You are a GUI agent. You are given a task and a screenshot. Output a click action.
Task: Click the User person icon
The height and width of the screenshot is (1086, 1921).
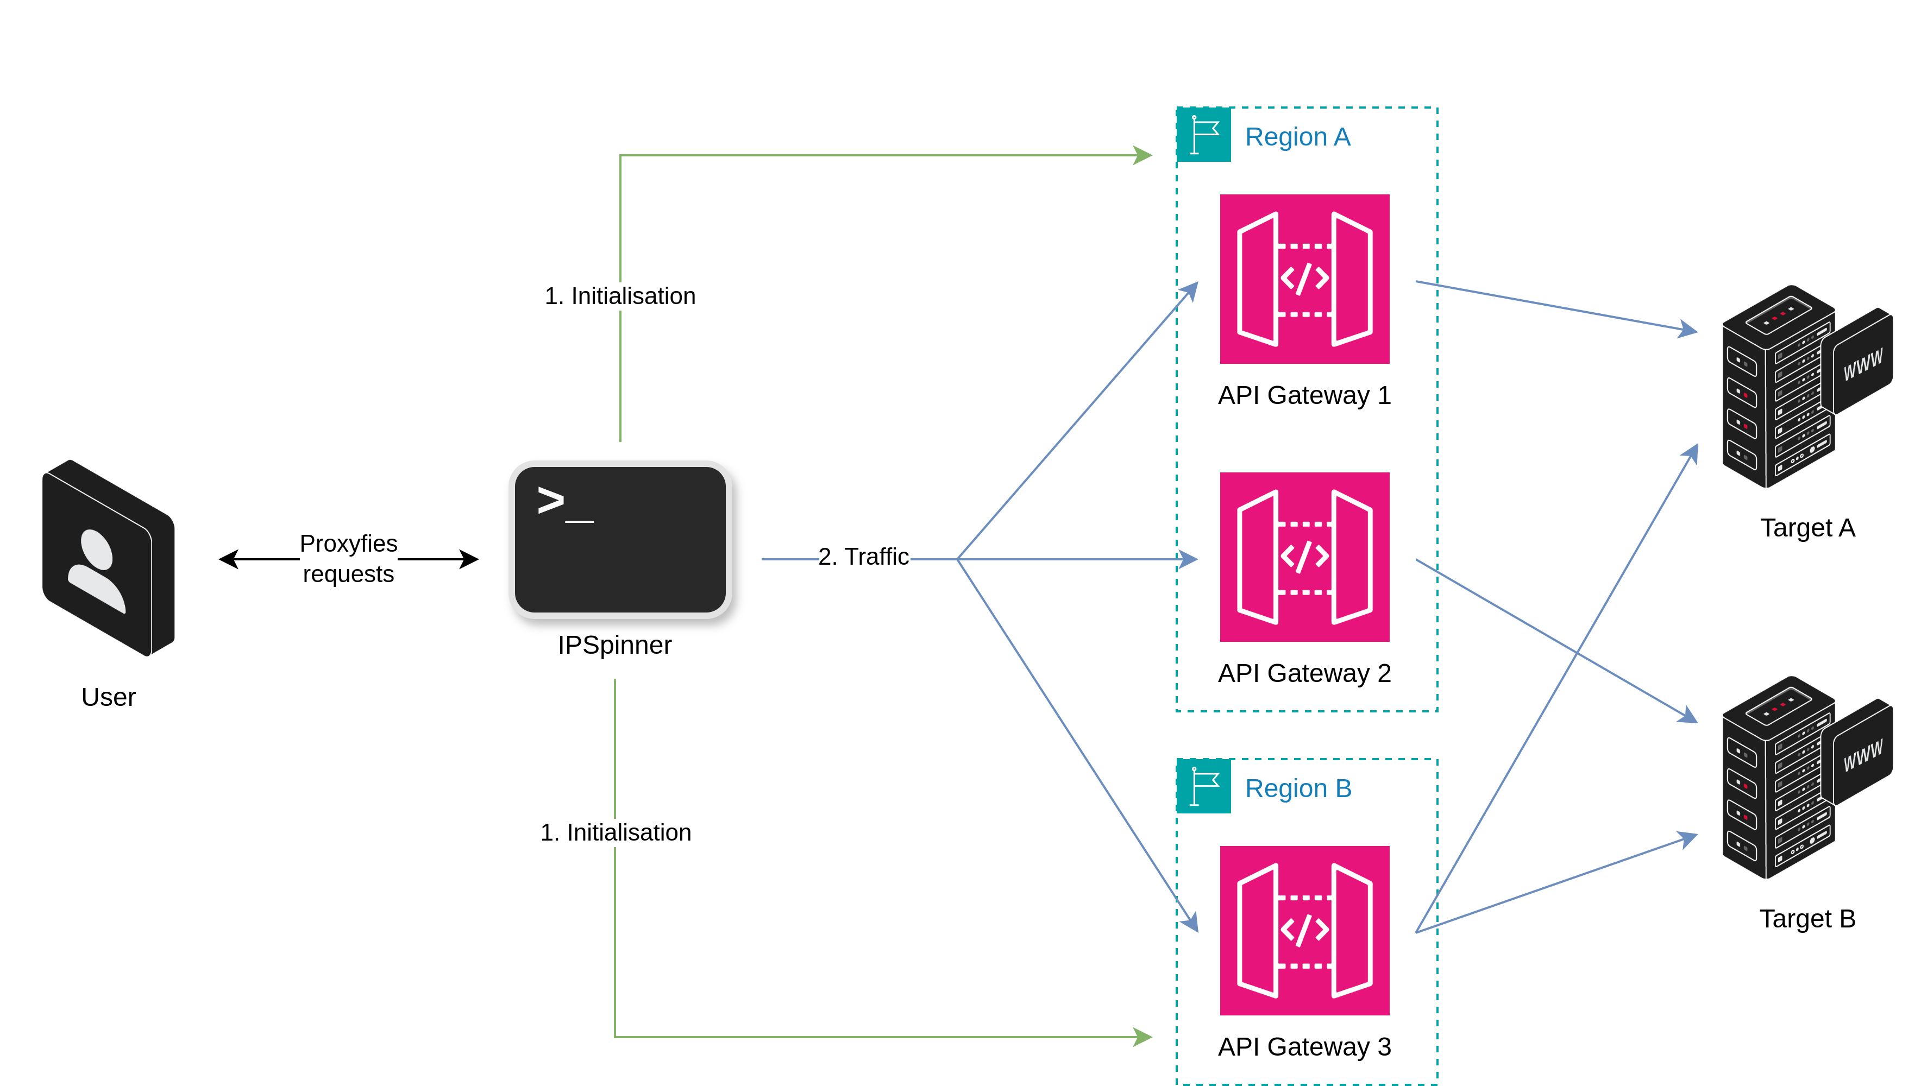coord(108,558)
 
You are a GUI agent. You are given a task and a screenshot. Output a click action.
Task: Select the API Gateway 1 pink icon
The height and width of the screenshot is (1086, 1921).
coord(1304,279)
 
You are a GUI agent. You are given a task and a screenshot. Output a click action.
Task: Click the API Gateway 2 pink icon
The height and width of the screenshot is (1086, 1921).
coord(1304,557)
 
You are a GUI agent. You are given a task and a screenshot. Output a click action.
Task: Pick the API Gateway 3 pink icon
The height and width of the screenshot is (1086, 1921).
coord(1304,930)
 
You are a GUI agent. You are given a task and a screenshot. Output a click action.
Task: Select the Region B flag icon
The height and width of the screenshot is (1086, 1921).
coord(1203,786)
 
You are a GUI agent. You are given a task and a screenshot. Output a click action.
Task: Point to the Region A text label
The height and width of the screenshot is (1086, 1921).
coord(1297,137)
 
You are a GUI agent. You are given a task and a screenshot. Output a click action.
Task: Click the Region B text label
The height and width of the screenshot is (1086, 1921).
coord(1298,788)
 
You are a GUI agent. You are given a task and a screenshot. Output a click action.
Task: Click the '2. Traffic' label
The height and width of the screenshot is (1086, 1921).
coord(863,557)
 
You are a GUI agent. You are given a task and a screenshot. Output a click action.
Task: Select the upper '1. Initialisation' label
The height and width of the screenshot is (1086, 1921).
coord(620,296)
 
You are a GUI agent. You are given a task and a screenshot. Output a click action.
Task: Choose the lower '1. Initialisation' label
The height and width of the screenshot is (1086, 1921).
coord(616,832)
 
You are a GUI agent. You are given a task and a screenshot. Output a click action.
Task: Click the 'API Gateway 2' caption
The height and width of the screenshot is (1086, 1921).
coord(1304,673)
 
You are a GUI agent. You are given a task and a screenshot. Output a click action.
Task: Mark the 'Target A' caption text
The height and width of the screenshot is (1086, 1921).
coord(1807,528)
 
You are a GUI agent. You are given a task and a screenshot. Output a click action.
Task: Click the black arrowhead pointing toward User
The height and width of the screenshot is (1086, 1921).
coord(228,559)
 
